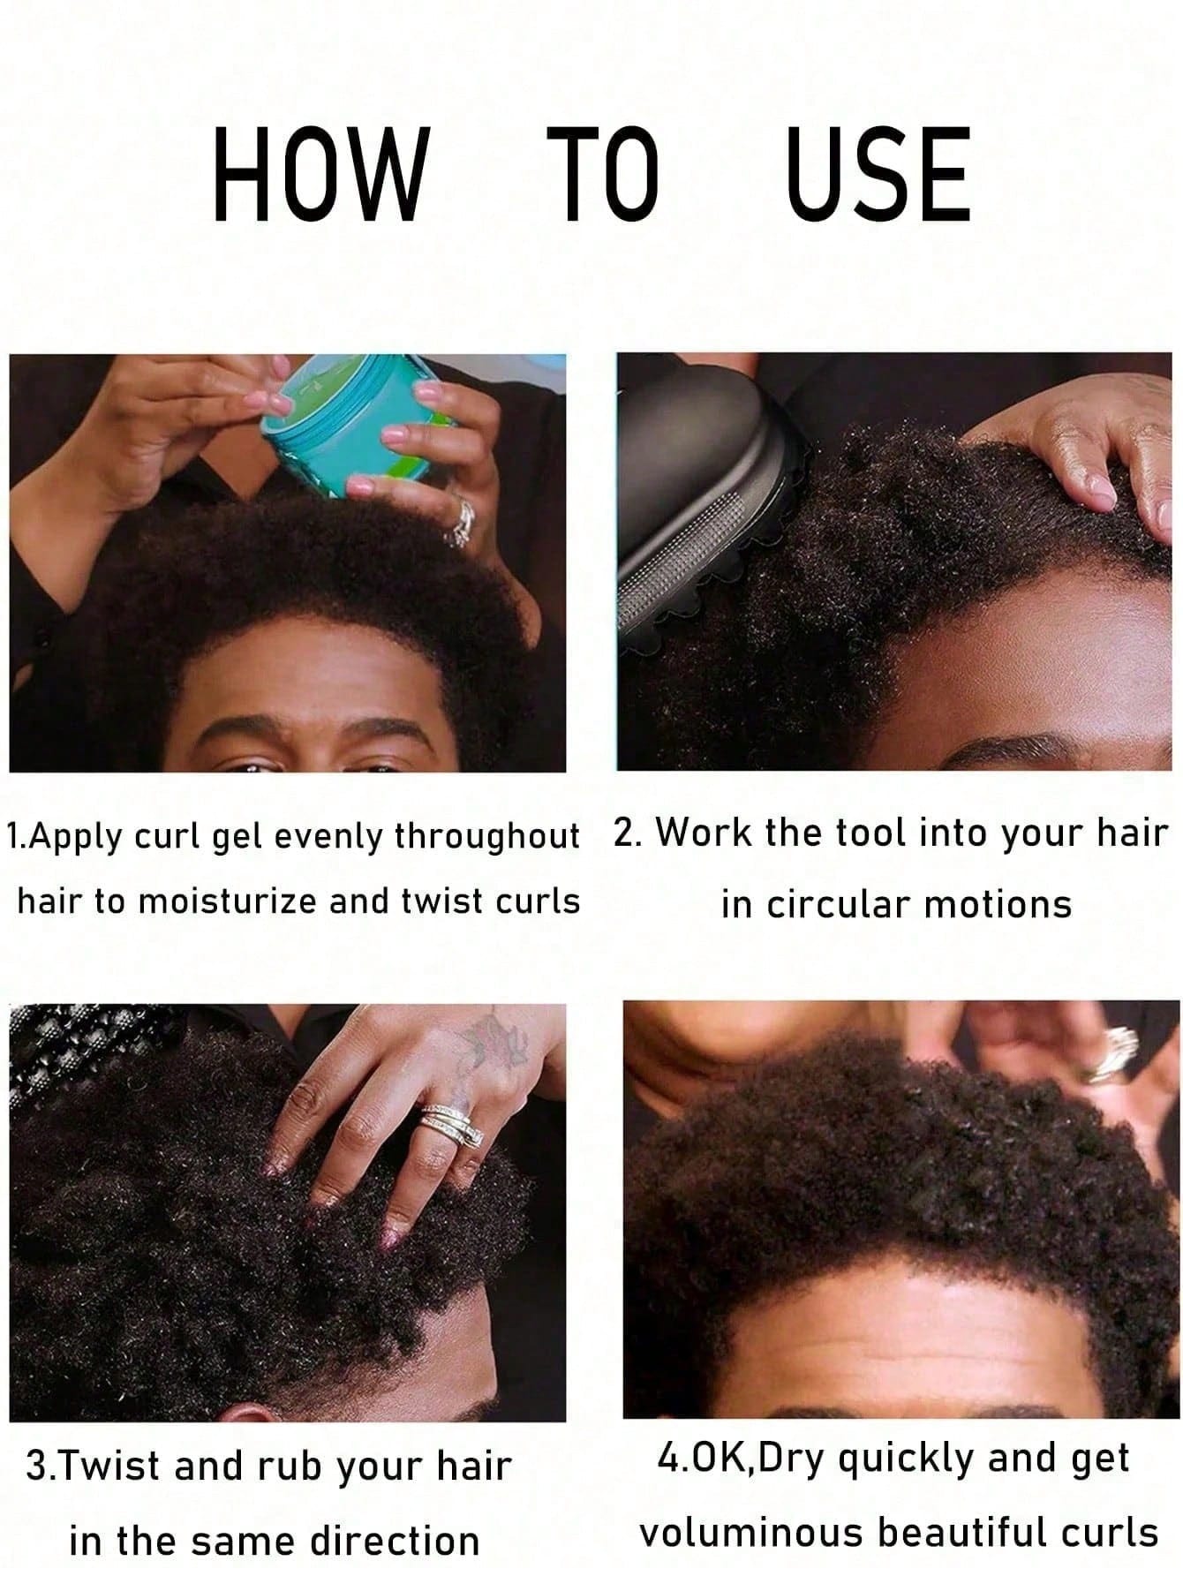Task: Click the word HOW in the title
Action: (x=320, y=173)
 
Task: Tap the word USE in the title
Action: (x=878, y=173)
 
